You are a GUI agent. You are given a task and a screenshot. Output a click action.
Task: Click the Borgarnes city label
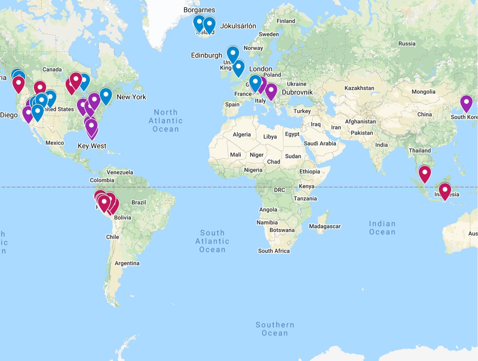click(199, 10)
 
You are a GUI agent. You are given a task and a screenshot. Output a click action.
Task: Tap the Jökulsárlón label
click(238, 26)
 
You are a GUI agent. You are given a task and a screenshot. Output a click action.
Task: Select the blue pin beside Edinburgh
click(233, 54)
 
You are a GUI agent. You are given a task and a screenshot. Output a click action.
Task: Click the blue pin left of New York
click(106, 95)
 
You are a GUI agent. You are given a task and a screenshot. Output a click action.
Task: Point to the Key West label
click(92, 146)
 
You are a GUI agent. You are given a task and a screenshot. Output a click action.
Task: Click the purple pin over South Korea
click(466, 103)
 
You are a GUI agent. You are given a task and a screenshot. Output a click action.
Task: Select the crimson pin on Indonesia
click(445, 191)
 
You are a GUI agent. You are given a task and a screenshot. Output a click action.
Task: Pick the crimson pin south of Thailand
click(425, 174)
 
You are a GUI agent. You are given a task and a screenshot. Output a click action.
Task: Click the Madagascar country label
click(325, 226)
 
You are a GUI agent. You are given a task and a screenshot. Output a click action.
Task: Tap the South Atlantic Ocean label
click(212, 241)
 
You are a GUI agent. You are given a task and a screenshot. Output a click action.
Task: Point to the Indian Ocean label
click(382, 228)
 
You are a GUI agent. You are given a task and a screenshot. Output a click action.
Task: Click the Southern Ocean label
click(275, 329)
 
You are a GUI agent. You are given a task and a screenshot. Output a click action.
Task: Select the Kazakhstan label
click(359, 88)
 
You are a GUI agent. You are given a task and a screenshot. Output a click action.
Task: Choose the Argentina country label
click(127, 263)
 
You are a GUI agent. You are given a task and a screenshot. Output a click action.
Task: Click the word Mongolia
click(423, 92)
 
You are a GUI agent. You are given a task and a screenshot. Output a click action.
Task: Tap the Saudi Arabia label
click(320, 144)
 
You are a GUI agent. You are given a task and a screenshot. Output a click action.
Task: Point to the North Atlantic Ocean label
click(166, 121)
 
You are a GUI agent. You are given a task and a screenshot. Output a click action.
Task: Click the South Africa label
click(274, 251)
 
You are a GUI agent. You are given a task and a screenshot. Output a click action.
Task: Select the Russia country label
click(407, 44)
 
